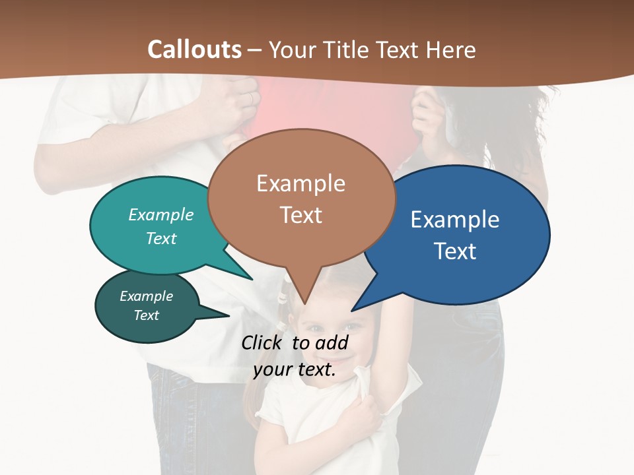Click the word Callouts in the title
point(194,49)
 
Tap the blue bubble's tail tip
point(352,311)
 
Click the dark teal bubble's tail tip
point(229,316)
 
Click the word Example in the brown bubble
point(300,183)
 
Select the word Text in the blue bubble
point(455,251)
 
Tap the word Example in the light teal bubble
point(161,215)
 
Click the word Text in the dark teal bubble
point(147,315)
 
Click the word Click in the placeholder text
point(263,342)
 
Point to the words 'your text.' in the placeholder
point(295,369)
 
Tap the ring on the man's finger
point(250,98)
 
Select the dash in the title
point(255,49)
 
